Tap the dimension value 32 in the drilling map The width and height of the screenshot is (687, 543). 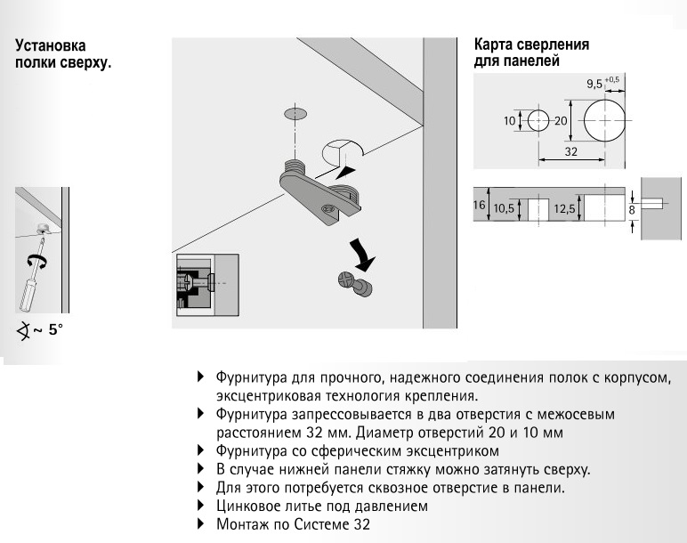571,152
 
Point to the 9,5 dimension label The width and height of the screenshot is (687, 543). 594,85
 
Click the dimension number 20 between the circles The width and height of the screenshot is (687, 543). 560,121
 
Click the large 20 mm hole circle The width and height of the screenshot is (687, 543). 603,119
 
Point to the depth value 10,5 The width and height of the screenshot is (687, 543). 505,209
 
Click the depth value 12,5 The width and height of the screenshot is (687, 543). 564,209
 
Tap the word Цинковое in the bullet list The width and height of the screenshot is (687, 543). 247,506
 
